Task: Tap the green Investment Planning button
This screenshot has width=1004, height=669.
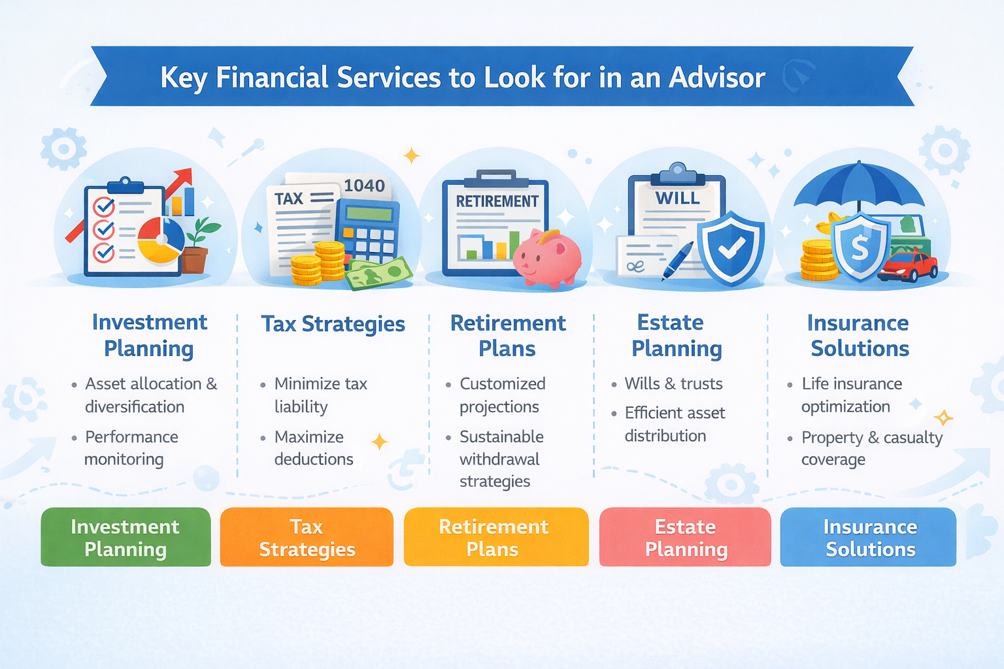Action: [125, 537]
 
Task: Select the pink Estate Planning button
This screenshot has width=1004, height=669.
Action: [685, 537]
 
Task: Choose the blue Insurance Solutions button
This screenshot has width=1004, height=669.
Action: [869, 537]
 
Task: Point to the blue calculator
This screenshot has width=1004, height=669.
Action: [367, 229]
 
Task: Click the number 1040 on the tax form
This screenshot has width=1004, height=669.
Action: [364, 186]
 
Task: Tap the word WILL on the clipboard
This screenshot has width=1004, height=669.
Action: [677, 198]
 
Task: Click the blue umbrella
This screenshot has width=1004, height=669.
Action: [859, 186]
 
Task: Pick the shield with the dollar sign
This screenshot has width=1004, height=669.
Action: [860, 247]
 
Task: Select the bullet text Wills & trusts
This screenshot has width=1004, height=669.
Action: [673, 383]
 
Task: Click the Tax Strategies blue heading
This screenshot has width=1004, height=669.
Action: [333, 324]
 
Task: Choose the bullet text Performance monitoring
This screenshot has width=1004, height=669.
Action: [131, 448]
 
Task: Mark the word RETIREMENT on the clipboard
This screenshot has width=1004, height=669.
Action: [497, 201]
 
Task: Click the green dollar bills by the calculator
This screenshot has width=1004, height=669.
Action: [378, 273]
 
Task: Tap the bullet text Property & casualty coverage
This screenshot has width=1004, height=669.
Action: [871, 448]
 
